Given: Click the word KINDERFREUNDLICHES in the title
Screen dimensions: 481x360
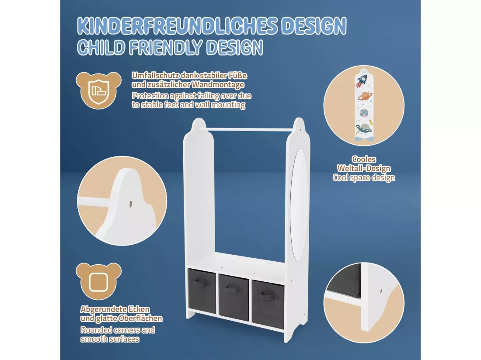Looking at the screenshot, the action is coord(177,26).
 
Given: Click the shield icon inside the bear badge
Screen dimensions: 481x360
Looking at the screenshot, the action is coord(98,91).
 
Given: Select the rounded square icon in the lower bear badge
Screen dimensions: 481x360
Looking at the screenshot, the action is coord(98,282).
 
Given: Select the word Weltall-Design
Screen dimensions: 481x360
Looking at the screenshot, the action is coord(364,169).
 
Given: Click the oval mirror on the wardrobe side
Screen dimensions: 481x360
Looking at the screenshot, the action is coord(299,204).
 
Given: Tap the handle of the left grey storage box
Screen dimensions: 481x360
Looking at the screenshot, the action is coord(201,283).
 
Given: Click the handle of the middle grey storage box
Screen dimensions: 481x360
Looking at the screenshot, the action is coord(233,289).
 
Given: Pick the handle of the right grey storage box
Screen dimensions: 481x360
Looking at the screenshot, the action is coord(268,295).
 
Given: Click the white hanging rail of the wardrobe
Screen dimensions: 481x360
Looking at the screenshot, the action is coord(249,130).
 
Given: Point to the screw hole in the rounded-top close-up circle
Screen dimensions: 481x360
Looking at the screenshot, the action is coord(131,204).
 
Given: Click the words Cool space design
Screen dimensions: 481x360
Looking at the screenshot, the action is coord(364,178).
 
